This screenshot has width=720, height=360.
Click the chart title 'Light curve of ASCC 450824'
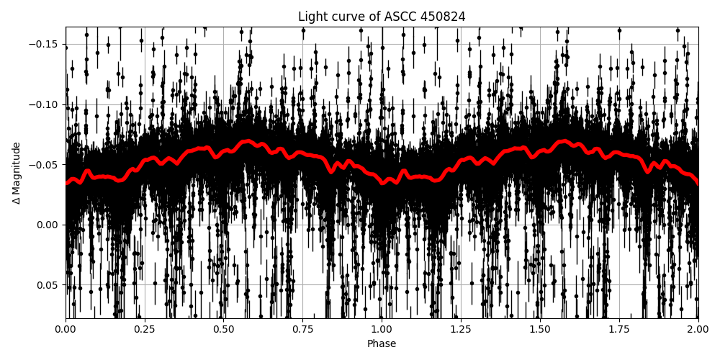coord(382,17)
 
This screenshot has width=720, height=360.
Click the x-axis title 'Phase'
coord(382,344)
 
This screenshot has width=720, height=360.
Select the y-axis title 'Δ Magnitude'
coord(17,173)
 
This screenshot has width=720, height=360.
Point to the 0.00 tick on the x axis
coord(66,330)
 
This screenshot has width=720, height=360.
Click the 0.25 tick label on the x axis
coord(145,330)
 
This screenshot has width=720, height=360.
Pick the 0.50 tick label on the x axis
coord(224,330)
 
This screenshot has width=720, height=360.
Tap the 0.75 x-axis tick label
coord(302,330)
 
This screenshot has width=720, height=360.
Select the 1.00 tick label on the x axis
coord(382,330)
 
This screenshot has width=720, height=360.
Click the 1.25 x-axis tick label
coord(461,330)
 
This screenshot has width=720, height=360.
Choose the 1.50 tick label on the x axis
coord(540,330)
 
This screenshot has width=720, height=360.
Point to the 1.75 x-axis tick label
coord(619,330)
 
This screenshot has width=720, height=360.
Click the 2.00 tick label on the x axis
coord(698,330)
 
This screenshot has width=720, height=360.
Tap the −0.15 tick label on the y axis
coord(45,44)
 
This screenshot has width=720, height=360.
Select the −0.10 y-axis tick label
coord(45,104)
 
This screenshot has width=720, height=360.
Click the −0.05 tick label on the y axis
coord(45,164)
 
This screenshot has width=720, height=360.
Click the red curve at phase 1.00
coord(382,183)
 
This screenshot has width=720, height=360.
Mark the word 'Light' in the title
coord(312,17)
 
